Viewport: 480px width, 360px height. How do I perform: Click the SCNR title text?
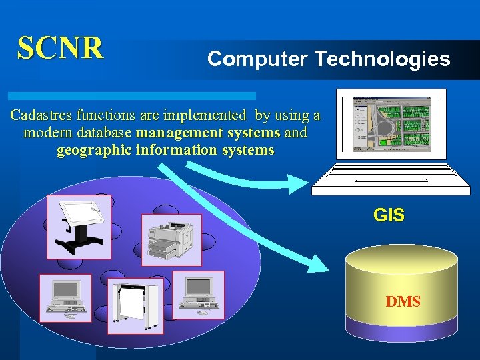tap(61, 47)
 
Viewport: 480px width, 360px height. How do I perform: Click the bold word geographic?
tap(93, 150)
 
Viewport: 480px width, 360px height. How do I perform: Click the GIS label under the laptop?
tap(389, 215)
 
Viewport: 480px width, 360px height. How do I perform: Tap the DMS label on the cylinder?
tap(403, 302)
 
